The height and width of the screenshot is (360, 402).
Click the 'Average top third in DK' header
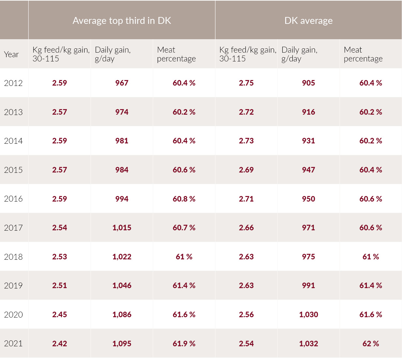(x=122, y=21)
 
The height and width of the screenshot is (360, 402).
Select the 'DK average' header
(x=308, y=21)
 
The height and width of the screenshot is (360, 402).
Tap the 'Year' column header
(x=11, y=55)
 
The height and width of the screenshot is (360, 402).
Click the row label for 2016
(x=13, y=199)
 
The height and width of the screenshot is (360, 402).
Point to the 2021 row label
(x=13, y=344)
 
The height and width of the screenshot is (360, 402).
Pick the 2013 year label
(x=13, y=112)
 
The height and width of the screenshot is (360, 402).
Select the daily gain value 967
(x=122, y=83)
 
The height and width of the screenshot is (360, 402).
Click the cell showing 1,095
(x=122, y=344)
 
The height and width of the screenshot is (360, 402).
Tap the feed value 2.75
(x=246, y=83)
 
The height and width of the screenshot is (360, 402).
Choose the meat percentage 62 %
(x=371, y=344)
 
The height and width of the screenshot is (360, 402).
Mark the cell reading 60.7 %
(x=184, y=228)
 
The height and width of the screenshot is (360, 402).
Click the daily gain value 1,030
(x=308, y=315)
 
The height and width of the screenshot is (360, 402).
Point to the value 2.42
(x=59, y=344)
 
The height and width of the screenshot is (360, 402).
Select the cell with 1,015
(x=122, y=228)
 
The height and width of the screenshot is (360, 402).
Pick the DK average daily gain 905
(x=308, y=83)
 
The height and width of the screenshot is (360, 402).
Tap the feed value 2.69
(x=246, y=170)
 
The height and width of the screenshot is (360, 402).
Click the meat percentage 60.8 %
(x=184, y=199)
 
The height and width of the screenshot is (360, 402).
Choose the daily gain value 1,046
(x=122, y=286)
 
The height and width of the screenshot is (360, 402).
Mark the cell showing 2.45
(x=59, y=315)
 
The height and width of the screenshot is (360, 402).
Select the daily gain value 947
(x=308, y=170)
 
